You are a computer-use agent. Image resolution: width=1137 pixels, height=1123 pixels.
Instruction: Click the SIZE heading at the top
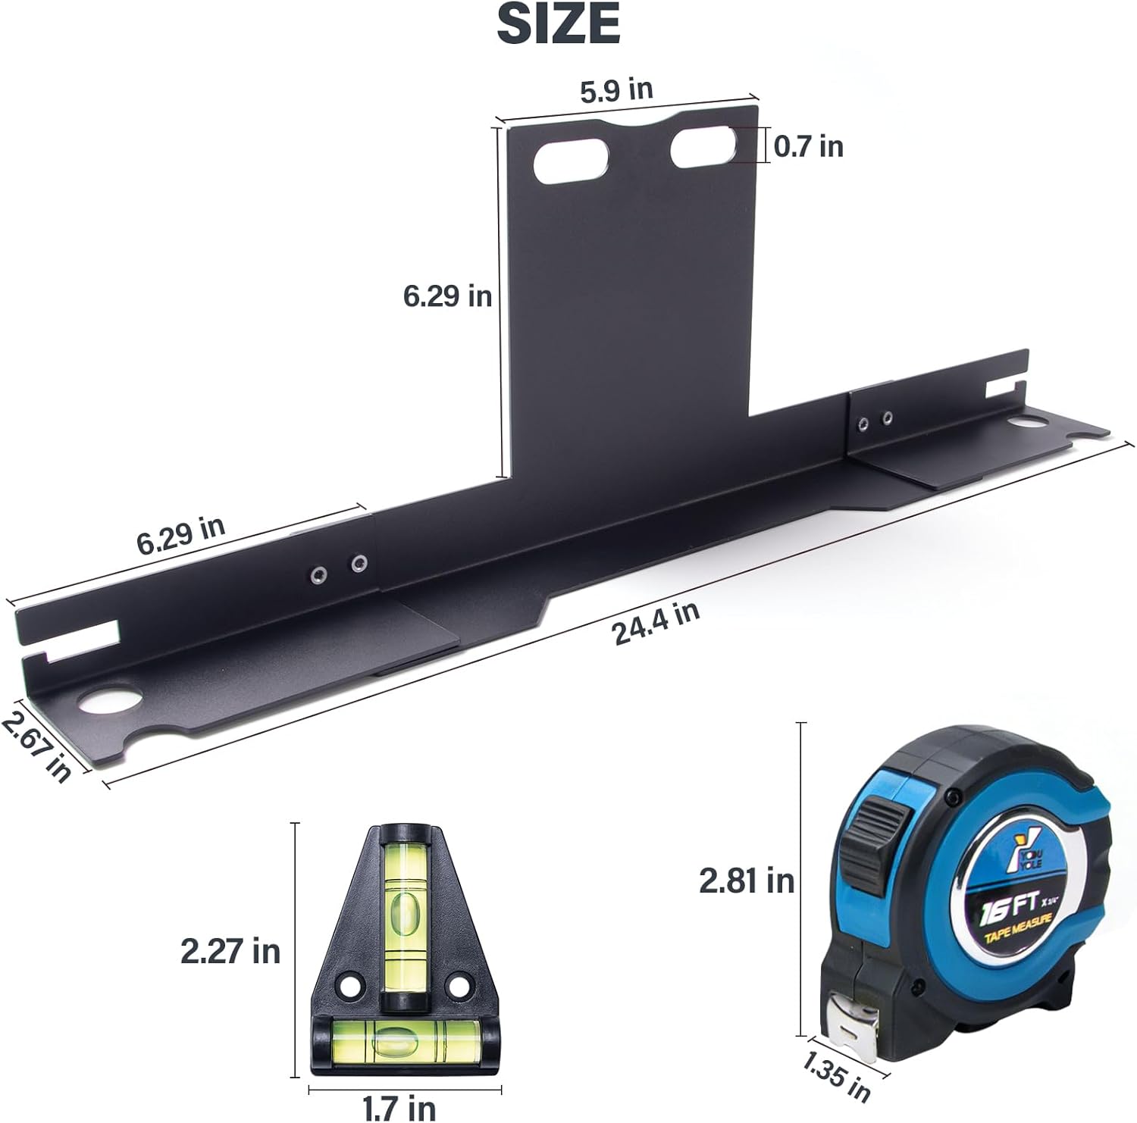(559, 24)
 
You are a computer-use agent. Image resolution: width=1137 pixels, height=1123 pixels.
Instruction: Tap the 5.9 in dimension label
(616, 90)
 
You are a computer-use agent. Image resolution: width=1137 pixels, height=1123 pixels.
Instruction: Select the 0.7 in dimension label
(809, 145)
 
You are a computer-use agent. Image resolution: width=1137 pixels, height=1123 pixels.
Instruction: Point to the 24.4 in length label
(656, 624)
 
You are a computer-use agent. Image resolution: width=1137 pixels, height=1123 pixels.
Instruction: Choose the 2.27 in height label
(230, 950)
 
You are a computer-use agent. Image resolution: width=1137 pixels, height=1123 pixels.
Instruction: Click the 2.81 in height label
(747, 881)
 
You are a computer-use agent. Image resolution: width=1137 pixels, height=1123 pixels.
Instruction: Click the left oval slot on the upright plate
(572, 161)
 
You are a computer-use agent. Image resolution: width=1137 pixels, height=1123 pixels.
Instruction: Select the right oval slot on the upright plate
(703, 147)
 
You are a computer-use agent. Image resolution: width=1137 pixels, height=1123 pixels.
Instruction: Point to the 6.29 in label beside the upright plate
(447, 296)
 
